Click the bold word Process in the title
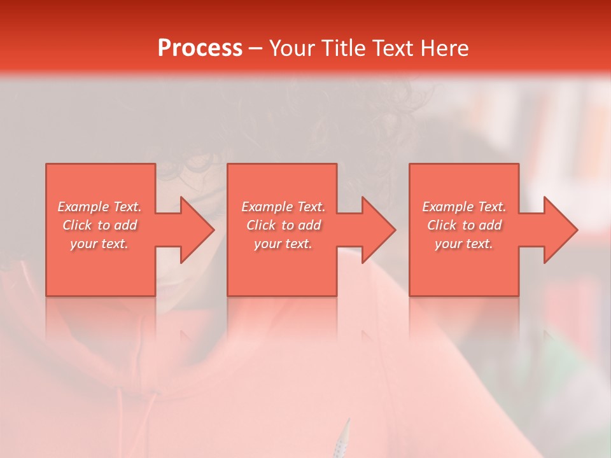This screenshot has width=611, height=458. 200,48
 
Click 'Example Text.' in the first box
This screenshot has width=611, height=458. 99,207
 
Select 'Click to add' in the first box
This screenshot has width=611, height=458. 99,225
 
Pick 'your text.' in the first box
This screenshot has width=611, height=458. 99,244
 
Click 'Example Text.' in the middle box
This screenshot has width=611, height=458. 283,207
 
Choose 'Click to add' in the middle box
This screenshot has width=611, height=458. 283,225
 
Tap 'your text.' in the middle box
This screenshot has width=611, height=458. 283,244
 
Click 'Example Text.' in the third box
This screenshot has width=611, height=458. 464,207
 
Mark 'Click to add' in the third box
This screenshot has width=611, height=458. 464,225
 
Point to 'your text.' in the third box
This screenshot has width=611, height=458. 464,244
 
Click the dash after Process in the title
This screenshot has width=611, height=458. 255,49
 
